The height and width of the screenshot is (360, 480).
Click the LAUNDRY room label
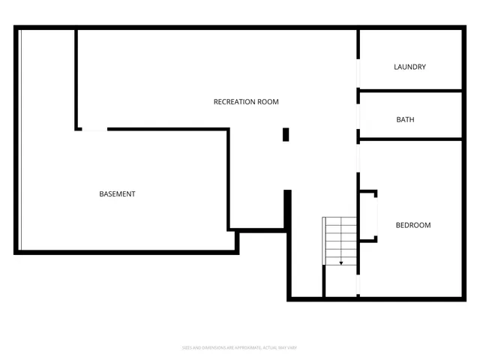pyautogui.click(x=409, y=67)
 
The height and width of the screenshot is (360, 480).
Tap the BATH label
pyautogui.click(x=405, y=119)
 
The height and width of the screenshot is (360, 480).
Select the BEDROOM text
pyautogui.click(x=413, y=225)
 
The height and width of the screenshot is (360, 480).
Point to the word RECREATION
pyautogui.click(x=235, y=101)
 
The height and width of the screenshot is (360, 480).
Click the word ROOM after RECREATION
pyautogui.click(x=268, y=101)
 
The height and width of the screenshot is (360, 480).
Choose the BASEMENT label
pyautogui.click(x=117, y=194)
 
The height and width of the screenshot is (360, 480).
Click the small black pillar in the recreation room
pyautogui.click(x=286, y=134)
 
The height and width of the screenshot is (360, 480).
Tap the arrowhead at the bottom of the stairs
pyautogui.click(x=341, y=263)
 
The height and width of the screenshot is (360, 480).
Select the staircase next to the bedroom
pyautogui.click(x=340, y=240)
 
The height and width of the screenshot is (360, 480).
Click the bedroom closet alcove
pyautogui.click(x=367, y=216)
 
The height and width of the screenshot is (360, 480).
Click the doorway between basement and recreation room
pyautogui.click(x=94, y=130)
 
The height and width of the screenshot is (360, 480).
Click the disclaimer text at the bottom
pyautogui.click(x=240, y=347)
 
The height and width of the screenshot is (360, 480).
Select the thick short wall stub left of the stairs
pyautogui.click(x=287, y=208)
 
